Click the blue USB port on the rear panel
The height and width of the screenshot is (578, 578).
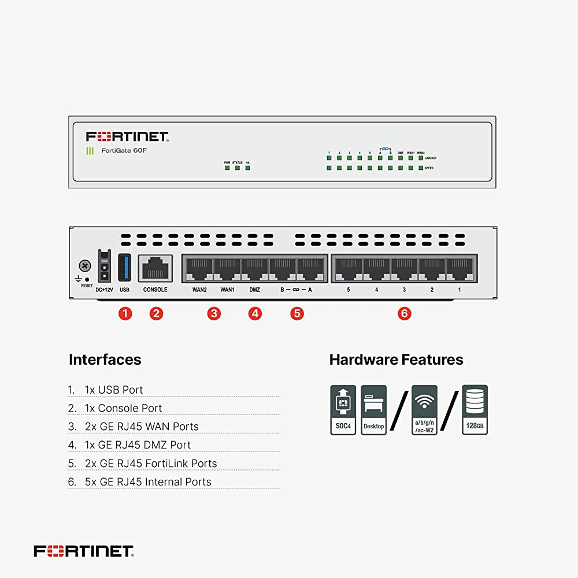124,267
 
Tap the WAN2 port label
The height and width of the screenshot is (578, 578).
200,290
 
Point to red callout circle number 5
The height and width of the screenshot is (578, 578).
297,313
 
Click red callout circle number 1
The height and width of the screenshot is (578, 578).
125,313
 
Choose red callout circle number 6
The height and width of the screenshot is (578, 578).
405,313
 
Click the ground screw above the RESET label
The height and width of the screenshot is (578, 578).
85,266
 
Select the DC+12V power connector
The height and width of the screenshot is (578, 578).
103,266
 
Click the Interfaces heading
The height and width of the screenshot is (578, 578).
105,360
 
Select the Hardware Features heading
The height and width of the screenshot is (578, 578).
396,360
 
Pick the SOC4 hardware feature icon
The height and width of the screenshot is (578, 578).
343,410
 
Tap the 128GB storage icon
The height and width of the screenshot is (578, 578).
475,410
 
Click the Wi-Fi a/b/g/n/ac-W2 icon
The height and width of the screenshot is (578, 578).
424,410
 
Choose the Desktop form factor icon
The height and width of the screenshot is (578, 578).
373,410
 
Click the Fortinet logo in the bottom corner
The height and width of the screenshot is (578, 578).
84,551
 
